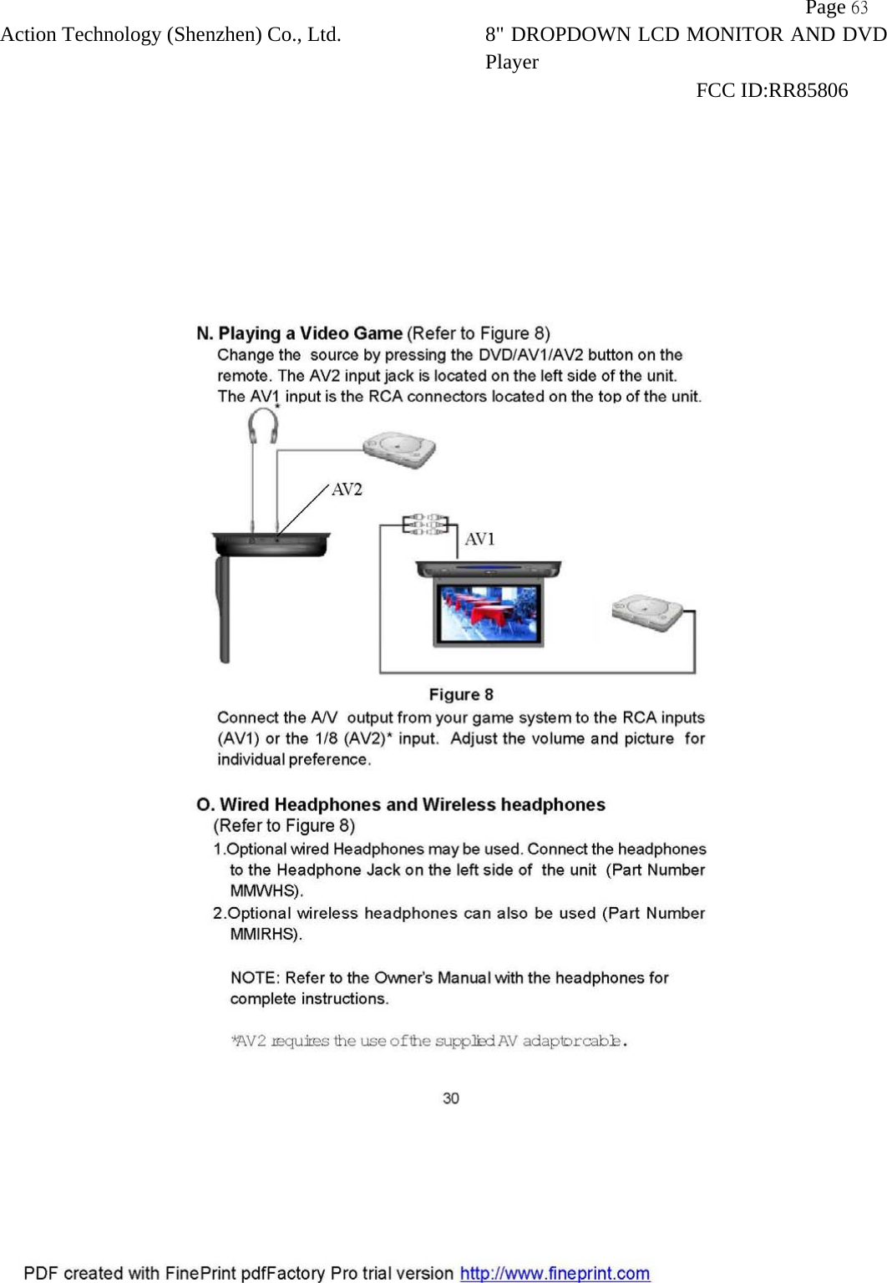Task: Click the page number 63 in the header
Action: point(859,8)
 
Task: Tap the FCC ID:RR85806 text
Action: point(771,90)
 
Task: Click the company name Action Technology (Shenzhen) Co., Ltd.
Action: point(170,35)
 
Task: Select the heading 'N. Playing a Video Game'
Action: point(300,334)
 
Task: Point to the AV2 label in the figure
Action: point(347,489)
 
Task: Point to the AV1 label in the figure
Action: point(479,540)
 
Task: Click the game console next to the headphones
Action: point(399,449)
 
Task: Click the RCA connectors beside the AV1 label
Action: point(425,525)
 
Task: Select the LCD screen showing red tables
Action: point(488,614)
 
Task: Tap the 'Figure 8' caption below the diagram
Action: point(461,695)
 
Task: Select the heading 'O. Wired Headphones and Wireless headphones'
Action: point(401,805)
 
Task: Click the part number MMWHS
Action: point(264,891)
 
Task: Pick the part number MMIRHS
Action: point(264,935)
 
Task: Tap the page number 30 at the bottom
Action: point(451,1098)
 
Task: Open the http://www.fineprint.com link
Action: point(555,1274)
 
